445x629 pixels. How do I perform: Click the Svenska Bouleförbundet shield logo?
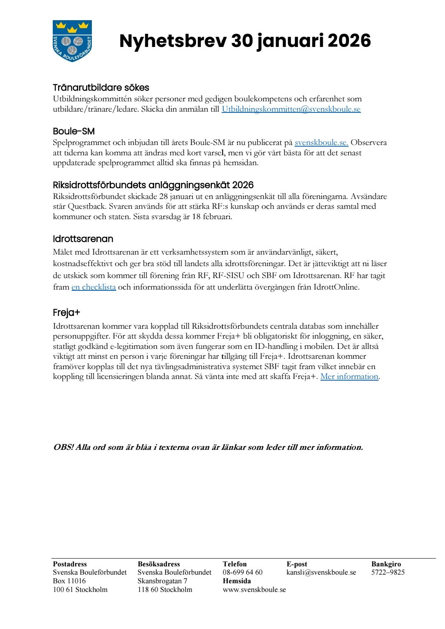point(72,41)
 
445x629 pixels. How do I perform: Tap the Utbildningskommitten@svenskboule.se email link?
point(291,109)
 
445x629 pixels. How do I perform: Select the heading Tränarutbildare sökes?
point(101,87)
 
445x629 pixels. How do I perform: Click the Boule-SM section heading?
point(74,131)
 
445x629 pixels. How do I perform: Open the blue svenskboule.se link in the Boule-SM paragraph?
point(321,143)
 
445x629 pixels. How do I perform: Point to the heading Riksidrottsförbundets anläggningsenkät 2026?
point(153,185)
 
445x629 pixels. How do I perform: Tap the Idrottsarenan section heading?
point(83,239)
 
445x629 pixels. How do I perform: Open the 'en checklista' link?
point(94,287)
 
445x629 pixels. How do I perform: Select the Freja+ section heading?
point(66,313)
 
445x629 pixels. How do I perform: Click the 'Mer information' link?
point(349,376)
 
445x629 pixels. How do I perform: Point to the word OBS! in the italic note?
point(63,447)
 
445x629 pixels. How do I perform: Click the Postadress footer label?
point(70,564)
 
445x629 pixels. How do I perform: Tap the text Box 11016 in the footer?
point(69,581)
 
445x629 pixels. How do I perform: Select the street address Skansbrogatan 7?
point(162,581)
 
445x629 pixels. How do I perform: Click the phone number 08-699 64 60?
point(242,572)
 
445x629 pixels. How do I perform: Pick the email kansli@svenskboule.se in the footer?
point(321,572)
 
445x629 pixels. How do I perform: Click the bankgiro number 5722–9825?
point(388,572)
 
